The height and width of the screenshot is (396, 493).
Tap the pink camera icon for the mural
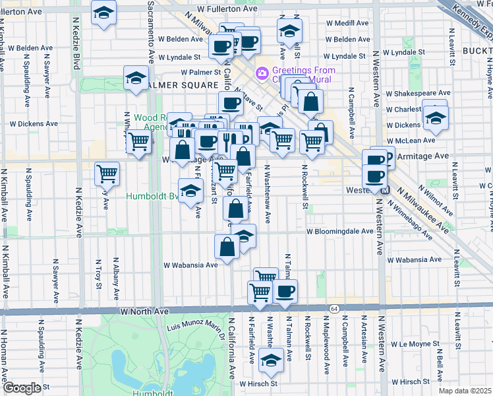pyautogui.click(x=262, y=71)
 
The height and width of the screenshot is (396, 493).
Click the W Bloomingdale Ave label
pyautogui.click(x=340, y=232)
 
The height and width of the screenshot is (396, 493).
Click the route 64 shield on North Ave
pyautogui.click(x=335, y=309)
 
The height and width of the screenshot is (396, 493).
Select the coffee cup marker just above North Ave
pyautogui.click(x=285, y=291)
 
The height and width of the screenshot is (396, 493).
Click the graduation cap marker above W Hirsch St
pyautogui.click(x=270, y=360)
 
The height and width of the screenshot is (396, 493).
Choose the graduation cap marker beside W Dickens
pyautogui.click(x=435, y=117)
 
